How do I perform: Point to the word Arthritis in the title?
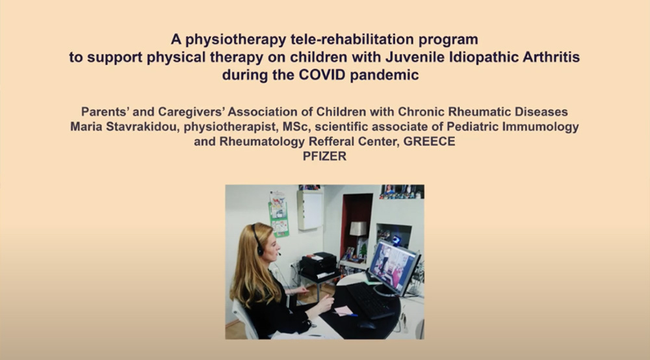click(x=551, y=57)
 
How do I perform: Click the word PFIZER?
click(x=324, y=156)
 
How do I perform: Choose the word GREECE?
click(x=429, y=141)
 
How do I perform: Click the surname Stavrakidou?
click(x=142, y=126)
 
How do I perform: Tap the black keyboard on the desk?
click(x=370, y=300)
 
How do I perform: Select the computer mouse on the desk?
click(x=366, y=325)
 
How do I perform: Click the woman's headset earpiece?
click(x=260, y=250)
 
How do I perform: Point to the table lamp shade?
click(x=358, y=229)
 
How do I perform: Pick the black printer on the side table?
click(x=318, y=263)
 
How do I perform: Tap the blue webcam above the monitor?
click(x=396, y=240)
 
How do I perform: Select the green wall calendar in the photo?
click(x=279, y=214)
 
